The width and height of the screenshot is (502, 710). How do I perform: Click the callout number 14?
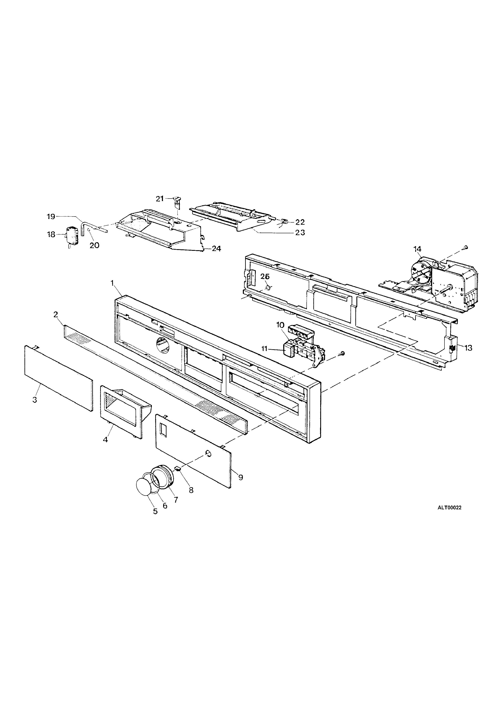click(417, 249)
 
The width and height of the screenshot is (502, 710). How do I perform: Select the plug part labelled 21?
click(177, 201)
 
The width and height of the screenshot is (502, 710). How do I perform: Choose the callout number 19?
click(51, 217)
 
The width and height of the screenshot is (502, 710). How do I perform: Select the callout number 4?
click(106, 439)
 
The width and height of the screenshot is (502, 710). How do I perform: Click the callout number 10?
click(280, 325)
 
